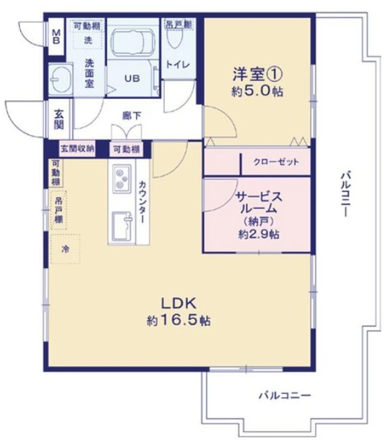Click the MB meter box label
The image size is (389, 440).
57,37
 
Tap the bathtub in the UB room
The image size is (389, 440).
133,42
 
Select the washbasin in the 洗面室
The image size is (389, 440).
61,80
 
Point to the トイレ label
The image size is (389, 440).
178,65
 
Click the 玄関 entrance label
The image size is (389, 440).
59,119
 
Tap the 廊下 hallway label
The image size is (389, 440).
132,115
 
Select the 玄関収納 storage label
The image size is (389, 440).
77,148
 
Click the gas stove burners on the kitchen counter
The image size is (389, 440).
122,178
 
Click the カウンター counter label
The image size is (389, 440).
142,202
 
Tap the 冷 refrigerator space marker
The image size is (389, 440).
65,249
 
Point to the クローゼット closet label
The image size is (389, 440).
276,162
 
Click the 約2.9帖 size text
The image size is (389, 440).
258,234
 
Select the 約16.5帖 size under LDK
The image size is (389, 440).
178,320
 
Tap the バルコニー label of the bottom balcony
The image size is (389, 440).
285,396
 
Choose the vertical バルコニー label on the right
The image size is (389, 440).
345,195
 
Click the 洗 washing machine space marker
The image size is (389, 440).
88,40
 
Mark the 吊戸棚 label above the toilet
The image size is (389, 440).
178,25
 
